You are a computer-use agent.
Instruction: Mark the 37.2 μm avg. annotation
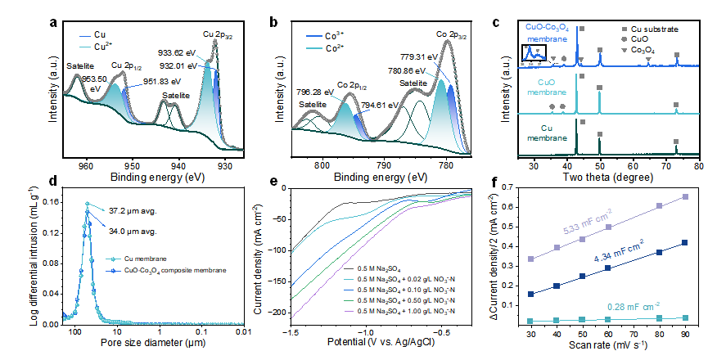pyautogui.click(x=134, y=209)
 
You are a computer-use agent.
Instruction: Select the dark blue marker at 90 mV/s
pyautogui.click(x=684, y=242)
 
